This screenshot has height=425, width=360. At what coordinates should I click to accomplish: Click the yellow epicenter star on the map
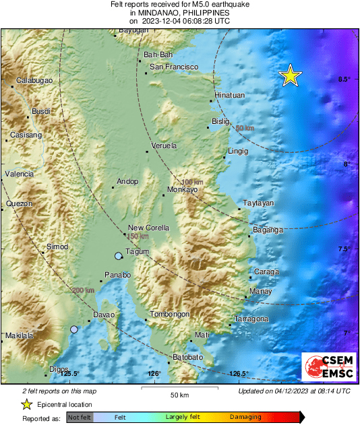click(290, 75)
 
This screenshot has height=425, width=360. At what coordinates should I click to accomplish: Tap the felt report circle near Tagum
click(119, 256)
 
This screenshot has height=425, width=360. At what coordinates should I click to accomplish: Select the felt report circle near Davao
click(74, 329)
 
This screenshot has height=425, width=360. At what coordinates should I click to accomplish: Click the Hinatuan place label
click(229, 96)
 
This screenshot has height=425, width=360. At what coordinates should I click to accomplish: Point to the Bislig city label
click(221, 121)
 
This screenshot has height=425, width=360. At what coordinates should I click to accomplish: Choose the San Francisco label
click(174, 67)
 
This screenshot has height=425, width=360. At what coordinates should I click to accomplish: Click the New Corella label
click(148, 228)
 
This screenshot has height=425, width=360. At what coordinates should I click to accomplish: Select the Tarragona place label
click(251, 319)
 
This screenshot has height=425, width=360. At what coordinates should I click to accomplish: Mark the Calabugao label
click(34, 80)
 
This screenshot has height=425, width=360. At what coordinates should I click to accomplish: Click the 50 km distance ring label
click(245, 128)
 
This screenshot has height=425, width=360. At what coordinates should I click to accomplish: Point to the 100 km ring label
click(192, 183)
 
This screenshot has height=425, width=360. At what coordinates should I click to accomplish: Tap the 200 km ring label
click(84, 290)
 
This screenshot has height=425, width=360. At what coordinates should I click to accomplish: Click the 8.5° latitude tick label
click(343, 79)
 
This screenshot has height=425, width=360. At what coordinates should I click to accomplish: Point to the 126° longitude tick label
click(154, 374)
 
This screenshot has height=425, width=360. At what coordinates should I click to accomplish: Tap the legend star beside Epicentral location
click(26, 404)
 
